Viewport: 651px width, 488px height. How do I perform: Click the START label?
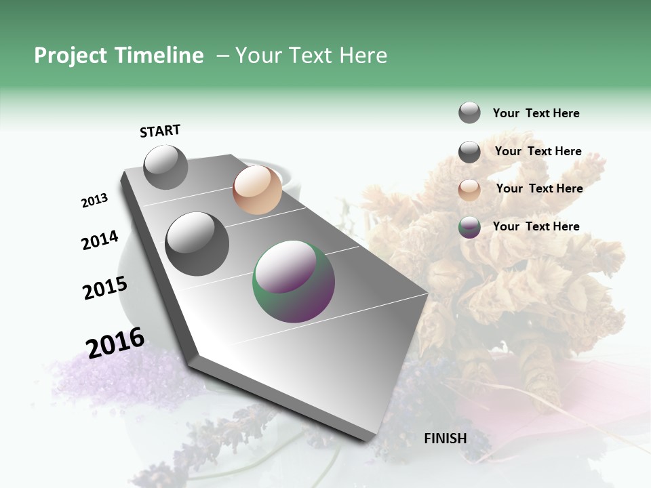160,131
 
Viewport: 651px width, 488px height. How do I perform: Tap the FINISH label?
445,439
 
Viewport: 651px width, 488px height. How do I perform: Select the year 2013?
94,201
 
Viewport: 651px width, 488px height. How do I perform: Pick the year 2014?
100,241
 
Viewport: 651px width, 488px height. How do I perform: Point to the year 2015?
104,288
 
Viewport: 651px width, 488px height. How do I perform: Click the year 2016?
115,342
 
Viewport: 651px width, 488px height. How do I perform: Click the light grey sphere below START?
165,167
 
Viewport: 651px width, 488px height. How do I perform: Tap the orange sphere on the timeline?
257,190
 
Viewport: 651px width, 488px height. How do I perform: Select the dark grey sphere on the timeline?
197,244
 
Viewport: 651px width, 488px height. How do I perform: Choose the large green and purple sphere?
294,281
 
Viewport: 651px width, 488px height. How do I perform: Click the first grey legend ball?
469,113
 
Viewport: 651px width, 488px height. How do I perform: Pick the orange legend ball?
469,189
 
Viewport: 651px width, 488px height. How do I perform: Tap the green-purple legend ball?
469,227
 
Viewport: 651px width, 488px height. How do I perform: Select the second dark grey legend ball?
469,152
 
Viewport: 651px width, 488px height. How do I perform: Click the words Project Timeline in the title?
119,56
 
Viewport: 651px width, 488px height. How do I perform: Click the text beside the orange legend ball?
539,188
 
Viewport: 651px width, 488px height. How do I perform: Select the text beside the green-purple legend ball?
536,226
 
